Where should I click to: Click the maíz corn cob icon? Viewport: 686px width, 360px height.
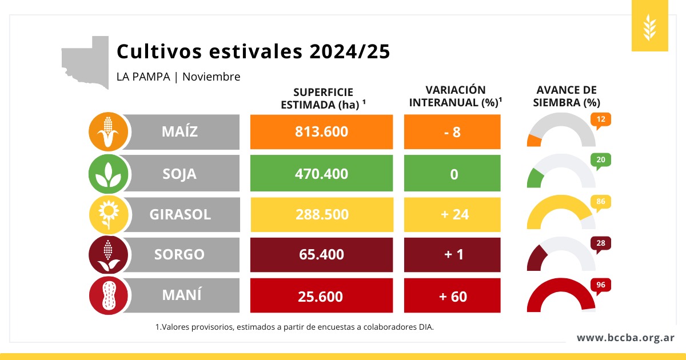108,131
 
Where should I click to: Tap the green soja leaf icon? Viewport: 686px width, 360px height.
108,174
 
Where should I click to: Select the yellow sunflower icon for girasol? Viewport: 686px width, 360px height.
109,215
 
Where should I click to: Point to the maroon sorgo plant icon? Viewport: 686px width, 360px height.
108,255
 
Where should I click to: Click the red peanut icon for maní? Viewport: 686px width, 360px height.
109,296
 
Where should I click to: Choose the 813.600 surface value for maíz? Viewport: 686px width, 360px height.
321,131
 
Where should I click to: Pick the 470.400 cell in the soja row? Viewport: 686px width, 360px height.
321,173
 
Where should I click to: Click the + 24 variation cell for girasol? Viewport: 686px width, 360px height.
452,214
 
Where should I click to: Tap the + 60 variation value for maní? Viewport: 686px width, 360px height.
452,296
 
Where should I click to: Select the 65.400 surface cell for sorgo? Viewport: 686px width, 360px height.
321,255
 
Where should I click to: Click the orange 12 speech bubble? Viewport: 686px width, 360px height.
601,121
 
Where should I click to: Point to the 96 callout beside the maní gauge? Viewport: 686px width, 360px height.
601,286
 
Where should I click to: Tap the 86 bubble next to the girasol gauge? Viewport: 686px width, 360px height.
601,203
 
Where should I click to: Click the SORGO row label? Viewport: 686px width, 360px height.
180,254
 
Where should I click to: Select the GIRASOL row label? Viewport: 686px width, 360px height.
180,214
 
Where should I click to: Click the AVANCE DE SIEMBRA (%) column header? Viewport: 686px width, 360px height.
567,96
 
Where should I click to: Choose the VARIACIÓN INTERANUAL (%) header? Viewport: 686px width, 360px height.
456,96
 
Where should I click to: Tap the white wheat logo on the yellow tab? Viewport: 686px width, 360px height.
649,27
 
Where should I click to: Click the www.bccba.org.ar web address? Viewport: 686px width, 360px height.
625,338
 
